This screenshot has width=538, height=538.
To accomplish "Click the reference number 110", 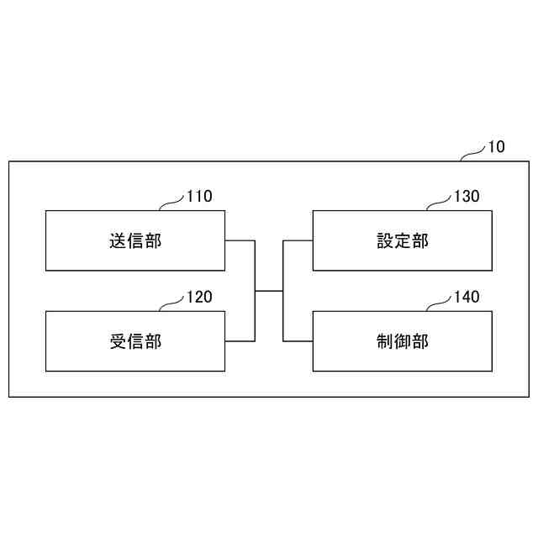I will pos(199,198).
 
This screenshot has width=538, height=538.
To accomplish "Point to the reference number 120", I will pos(199,298).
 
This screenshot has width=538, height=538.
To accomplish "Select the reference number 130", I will pos(467,198).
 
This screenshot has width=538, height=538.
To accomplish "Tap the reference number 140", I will pos(467,298).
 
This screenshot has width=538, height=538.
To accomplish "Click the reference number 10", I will pos(496,147).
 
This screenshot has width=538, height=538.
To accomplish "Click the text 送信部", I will pos(134,241).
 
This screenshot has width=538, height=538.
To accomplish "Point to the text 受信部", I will pos(134,341).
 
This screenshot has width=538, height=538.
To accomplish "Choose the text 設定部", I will pos(403,241).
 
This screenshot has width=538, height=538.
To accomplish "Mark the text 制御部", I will pos(403,341).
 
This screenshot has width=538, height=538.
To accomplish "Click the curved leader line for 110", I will pos(171,203).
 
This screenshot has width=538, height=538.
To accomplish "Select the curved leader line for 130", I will pos(439,203).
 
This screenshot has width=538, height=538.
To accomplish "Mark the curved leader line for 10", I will pos(474,152).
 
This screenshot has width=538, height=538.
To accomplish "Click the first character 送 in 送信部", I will pos(118,241).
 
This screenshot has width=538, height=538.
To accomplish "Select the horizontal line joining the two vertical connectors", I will pos(269,291).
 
